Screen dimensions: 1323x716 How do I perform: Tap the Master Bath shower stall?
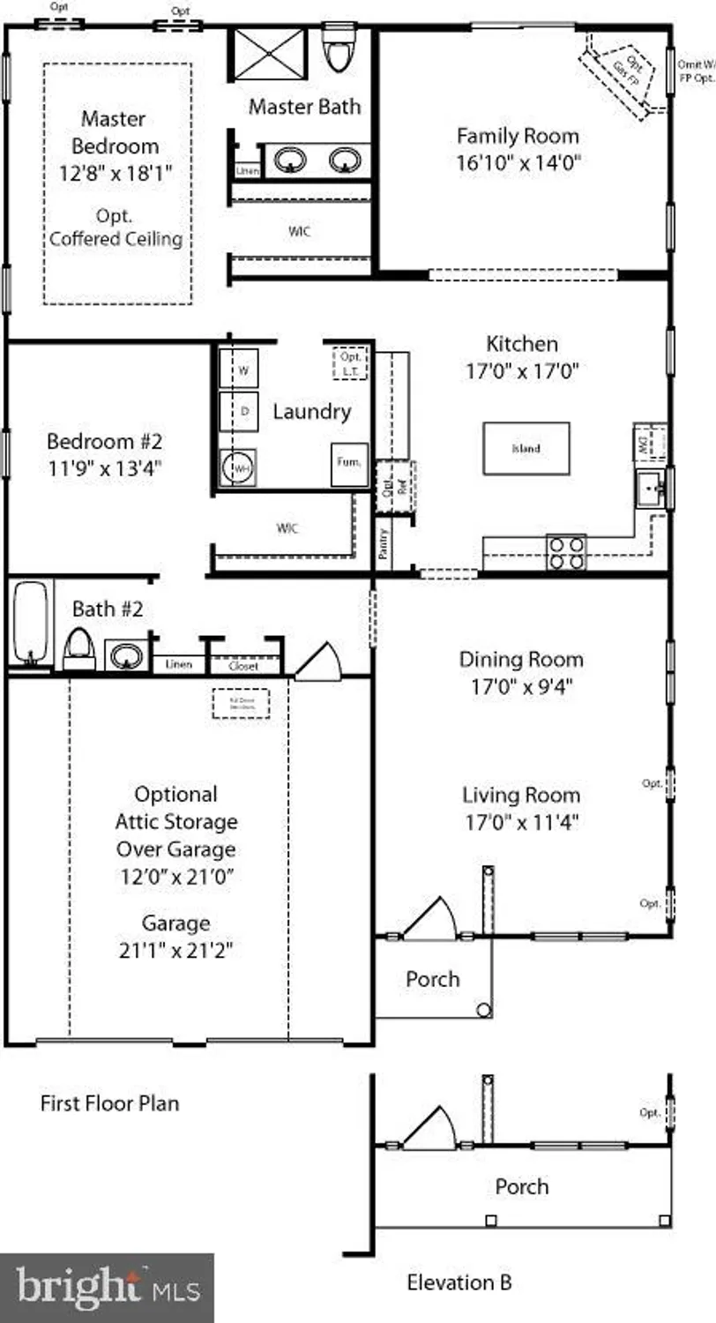(268, 54)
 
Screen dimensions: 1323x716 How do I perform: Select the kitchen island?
(526, 448)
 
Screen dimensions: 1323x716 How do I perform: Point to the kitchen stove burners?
(566, 552)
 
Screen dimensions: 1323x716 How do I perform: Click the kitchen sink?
(653, 489)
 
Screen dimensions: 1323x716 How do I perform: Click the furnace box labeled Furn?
(348, 465)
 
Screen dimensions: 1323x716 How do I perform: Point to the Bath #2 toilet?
(78, 649)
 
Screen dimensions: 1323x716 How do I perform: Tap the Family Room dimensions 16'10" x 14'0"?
(518, 163)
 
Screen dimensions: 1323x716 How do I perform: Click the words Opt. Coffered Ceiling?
(116, 228)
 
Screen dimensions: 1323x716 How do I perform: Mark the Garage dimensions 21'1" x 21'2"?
(176, 951)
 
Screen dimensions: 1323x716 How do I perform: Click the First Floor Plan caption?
(109, 1102)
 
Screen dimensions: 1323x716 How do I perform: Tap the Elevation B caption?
(459, 1282)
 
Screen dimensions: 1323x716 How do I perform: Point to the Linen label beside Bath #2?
(179, 664)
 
